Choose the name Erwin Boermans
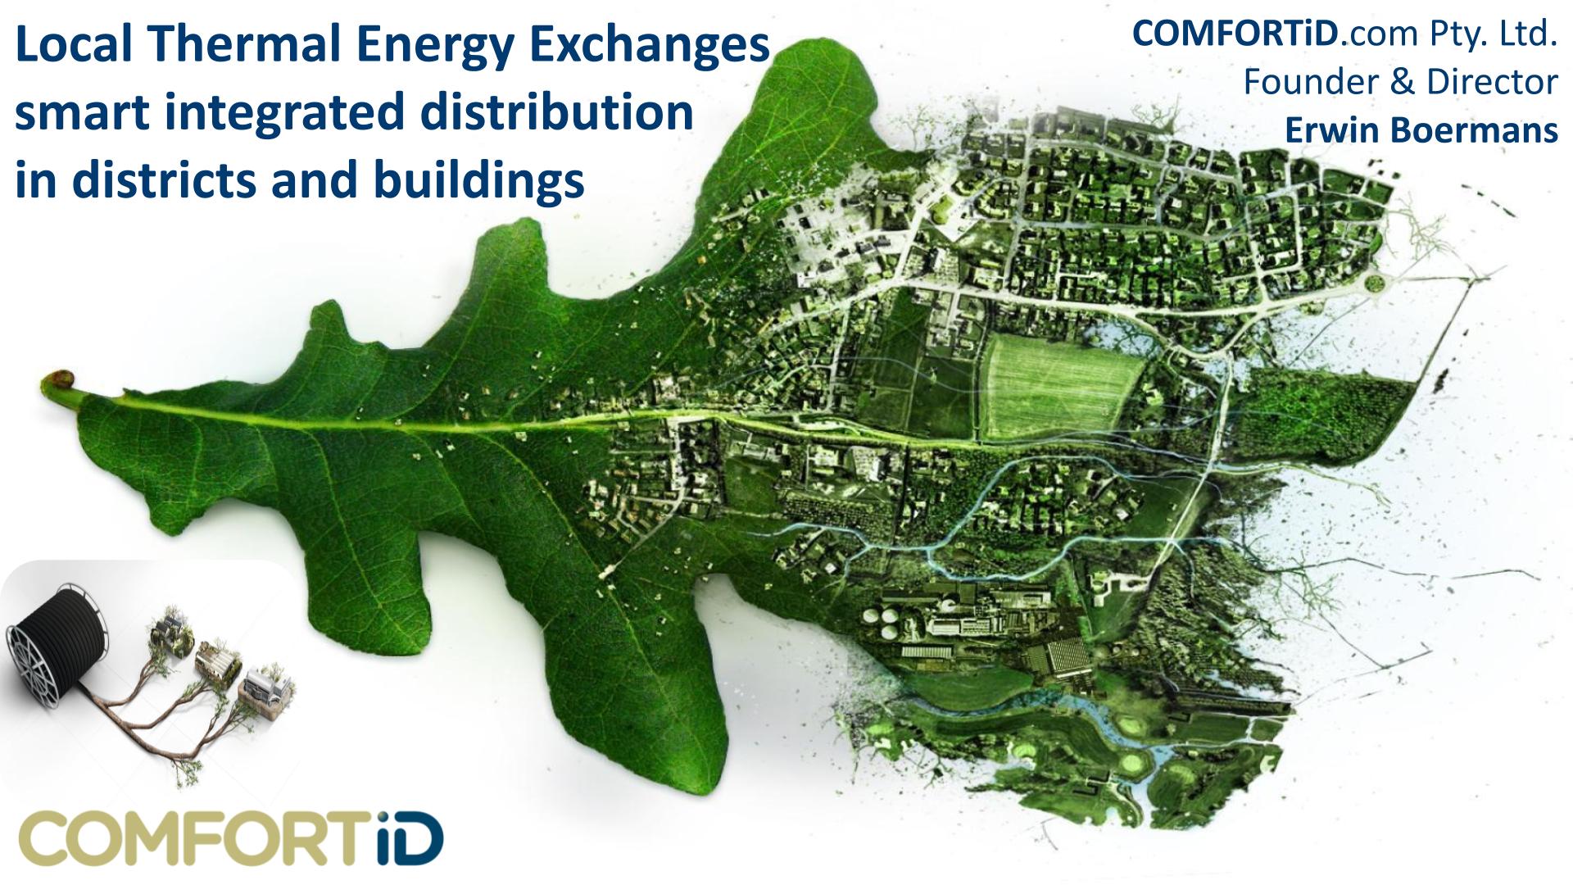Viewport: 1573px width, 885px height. (1421, 130)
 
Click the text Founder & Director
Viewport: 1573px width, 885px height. (1400, 82)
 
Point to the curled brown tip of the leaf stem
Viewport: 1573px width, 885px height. (57, 380)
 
